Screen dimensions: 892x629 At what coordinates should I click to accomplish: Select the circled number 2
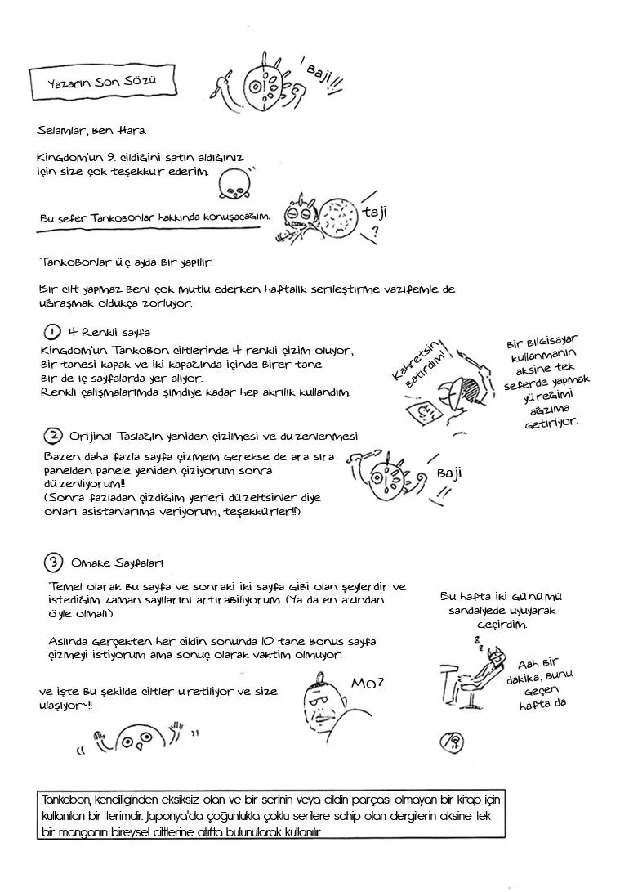click(53, 435)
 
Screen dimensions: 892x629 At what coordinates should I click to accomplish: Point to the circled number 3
click(53, 563)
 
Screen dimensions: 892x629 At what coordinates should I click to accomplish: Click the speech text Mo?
click(368, 683)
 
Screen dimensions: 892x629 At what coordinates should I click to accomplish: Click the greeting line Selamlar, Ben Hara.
click(91, 130)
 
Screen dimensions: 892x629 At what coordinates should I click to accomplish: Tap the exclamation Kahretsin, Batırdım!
click(421, 368)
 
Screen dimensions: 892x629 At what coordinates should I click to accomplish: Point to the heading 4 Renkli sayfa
click(109, 332)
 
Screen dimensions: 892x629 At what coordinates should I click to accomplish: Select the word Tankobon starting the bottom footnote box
click(65, 799)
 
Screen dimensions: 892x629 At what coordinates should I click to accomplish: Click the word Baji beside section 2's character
click(449, 473)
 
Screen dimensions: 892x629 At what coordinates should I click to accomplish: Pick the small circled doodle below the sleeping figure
click(452, 742)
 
